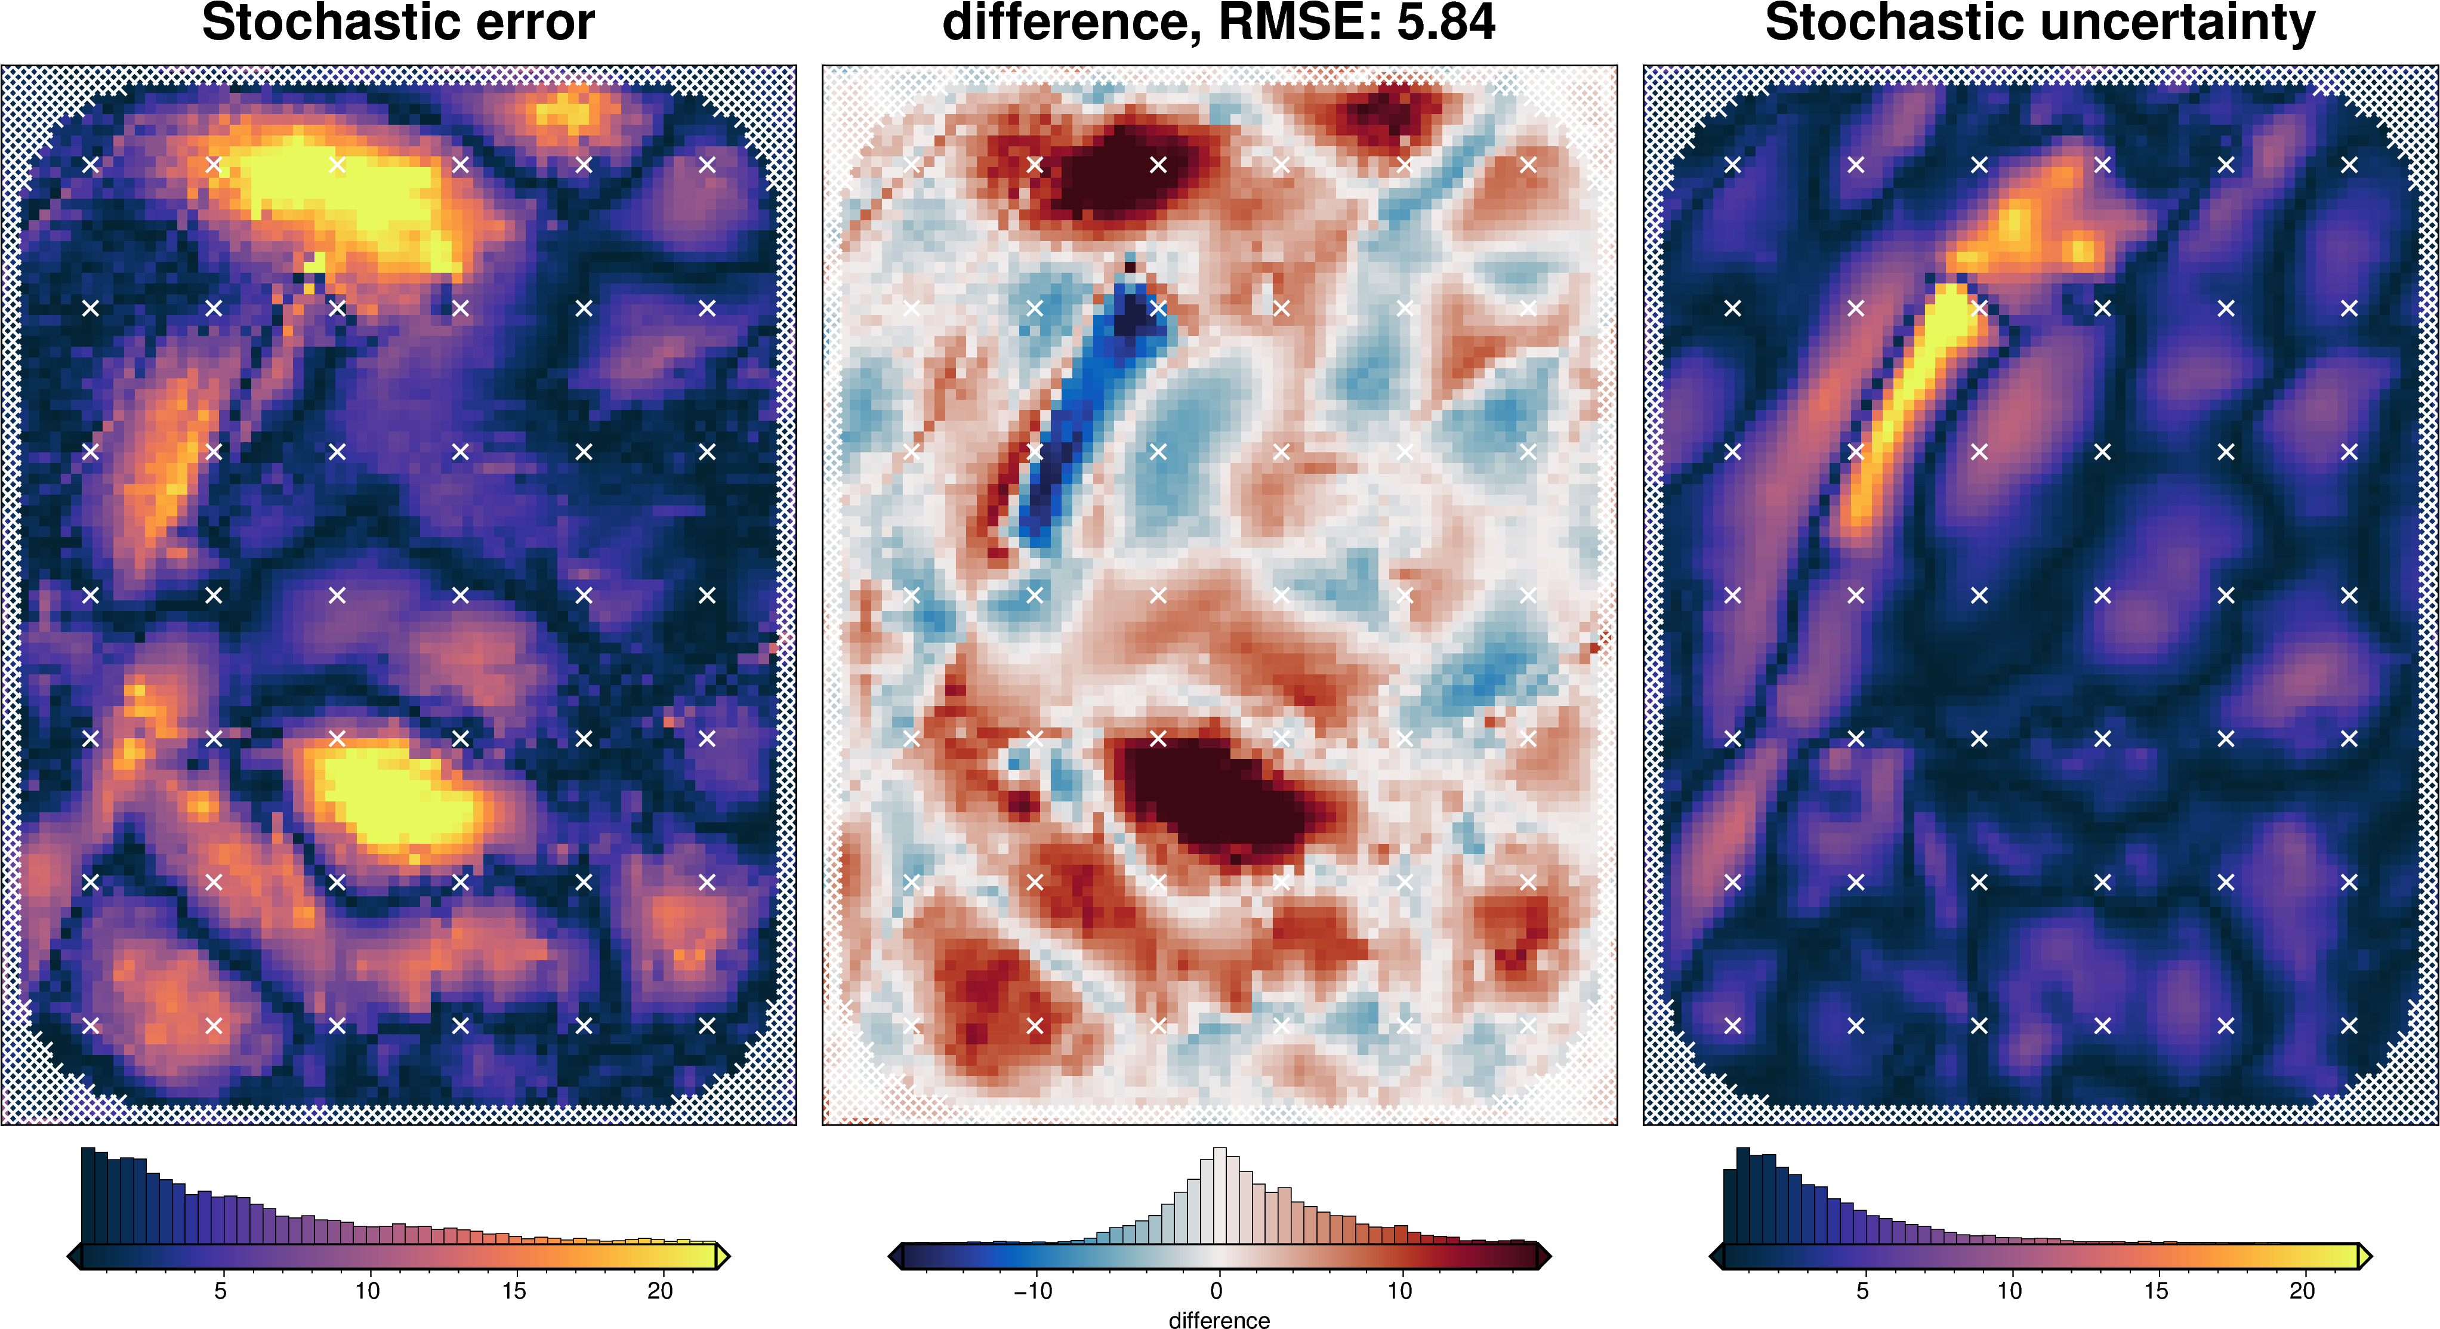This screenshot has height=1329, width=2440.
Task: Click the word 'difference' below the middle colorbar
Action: (1219, 1319)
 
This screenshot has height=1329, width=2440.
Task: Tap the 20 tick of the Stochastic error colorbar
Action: (660, 1290)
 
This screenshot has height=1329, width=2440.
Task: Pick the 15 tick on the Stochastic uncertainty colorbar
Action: (2156, 1290)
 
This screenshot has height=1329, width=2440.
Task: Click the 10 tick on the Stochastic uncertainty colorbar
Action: (2009, 1290)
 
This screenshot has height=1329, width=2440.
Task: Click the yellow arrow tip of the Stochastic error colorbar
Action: (723, 1257)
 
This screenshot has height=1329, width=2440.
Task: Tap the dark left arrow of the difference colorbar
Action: (894, 1257)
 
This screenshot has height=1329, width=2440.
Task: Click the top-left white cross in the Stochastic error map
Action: (91, 165)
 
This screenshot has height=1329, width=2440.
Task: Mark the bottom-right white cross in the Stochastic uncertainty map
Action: (2349, 1025)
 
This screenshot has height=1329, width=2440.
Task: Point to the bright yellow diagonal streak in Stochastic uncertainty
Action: (1904, 408)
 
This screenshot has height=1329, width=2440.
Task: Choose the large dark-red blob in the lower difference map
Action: (1222, 795)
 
